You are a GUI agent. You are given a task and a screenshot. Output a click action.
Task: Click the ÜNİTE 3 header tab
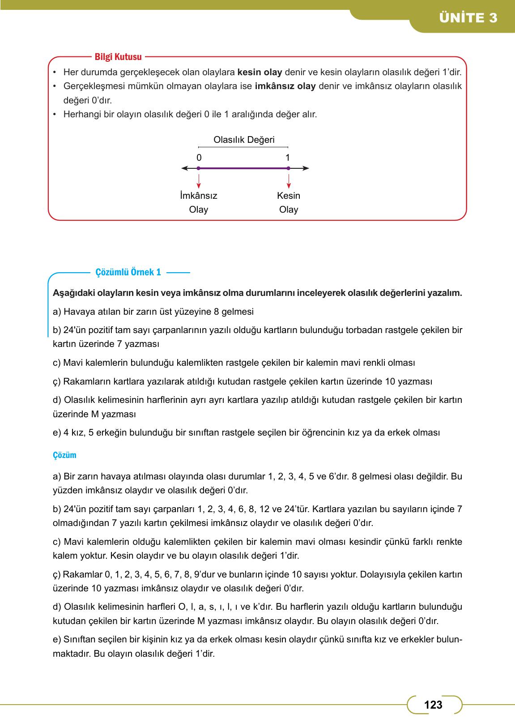468,18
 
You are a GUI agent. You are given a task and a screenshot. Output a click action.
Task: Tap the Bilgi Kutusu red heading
118,57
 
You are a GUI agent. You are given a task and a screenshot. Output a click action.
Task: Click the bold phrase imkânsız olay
285,86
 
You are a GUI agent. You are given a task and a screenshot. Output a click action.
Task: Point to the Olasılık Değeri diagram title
244,140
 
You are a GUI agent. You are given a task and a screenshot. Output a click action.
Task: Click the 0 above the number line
199,158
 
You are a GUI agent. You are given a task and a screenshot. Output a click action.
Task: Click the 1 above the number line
288,158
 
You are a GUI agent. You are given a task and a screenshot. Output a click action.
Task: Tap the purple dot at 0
199,168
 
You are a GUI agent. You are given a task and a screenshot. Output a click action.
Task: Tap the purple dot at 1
288,168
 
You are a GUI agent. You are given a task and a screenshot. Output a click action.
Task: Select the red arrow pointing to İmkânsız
199,181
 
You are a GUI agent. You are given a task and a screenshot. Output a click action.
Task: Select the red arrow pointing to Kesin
289,181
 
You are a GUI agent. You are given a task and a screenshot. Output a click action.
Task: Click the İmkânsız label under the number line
198,196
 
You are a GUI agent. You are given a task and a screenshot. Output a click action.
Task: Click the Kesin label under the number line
289,196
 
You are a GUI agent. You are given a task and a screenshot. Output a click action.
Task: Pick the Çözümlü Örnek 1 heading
128,272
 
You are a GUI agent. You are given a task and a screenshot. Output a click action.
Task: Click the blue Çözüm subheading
64,455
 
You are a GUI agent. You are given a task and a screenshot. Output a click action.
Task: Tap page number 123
433,705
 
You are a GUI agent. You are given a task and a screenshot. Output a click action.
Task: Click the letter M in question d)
94,414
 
